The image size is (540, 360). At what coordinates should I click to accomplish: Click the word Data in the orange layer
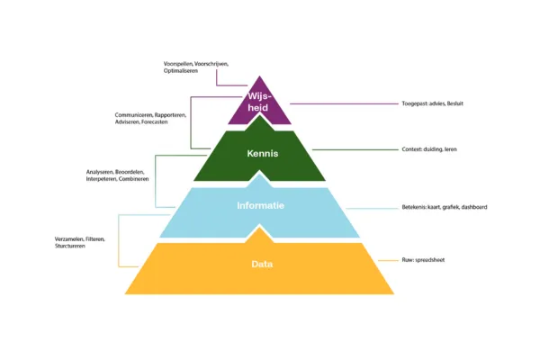point(262,264)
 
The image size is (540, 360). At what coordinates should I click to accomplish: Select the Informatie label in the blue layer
point(260,206)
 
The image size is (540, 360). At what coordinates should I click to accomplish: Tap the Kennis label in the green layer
point(262,154)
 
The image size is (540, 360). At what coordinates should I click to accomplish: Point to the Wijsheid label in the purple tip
point(260,102)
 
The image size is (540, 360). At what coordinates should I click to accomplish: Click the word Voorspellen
point(178,64)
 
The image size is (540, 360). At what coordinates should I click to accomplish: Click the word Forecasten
point(166,122)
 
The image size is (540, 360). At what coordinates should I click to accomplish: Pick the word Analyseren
point(100,172)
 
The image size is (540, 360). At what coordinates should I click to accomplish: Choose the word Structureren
point(70,246)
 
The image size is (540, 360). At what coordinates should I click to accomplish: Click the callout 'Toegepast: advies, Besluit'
point(432,103)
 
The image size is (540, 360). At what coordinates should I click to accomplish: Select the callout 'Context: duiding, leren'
point(429,149)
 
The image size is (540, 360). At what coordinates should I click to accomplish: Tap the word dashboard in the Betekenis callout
point(472,208)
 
